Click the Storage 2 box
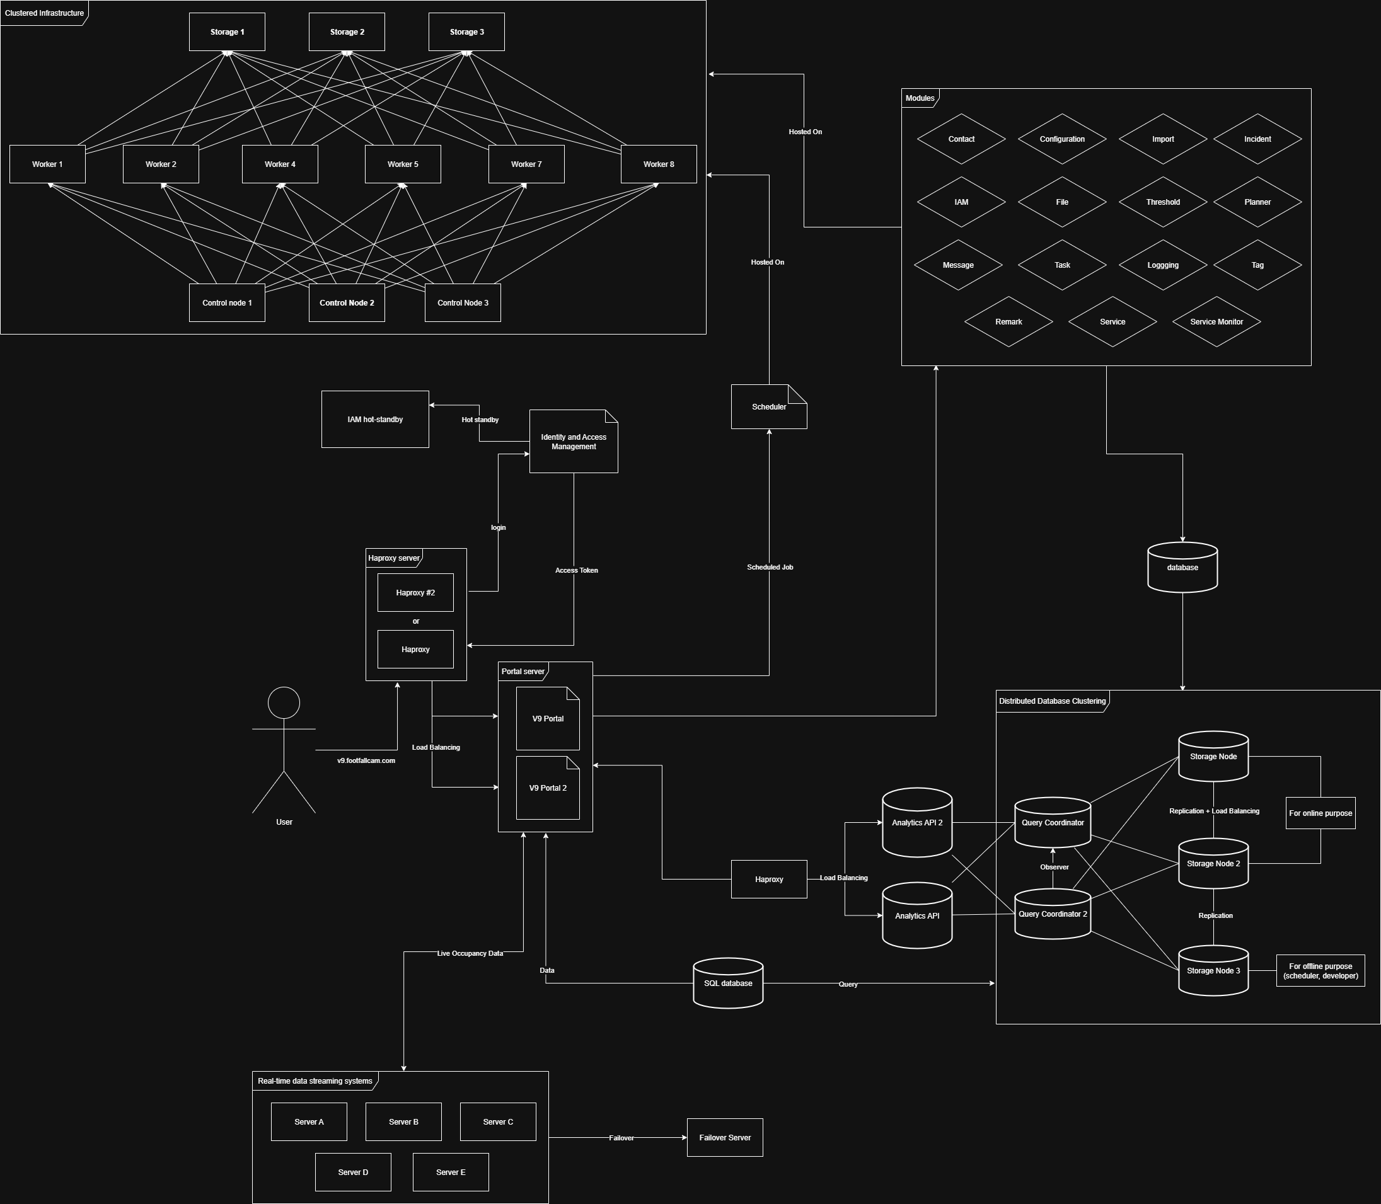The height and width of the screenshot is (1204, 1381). click(x=347, y=32)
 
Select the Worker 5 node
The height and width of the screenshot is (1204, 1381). click(x=403, y=164)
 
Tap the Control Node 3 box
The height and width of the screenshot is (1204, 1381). click(x=463, y=303)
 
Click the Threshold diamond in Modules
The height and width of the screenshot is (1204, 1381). click(x=1162, y=202)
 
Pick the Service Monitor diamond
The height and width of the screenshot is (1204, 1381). click(x=1216, y=322)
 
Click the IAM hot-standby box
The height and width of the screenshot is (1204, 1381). click(x=375, y=419)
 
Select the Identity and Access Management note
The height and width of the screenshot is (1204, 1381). click(x=573, y=442)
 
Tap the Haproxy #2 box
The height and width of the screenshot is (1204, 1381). click(x=415, y=593)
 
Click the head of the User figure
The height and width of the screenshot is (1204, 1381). click(x=284, y=702)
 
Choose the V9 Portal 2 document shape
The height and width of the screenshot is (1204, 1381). click(x=548, y=788)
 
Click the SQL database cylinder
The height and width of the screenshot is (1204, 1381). click(x=728, y=983)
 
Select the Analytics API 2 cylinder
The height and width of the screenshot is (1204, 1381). click(x=916, y=822)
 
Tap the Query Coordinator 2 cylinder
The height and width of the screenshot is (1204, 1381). click(x=1053, y=914)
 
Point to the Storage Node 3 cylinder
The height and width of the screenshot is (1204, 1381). click(x=1213, y=971)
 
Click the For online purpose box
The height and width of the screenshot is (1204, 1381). click(x=1320, y=813)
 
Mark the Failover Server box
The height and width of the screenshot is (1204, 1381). click(x=724, y=1137)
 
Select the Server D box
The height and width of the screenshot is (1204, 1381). click(x=353, y=1172)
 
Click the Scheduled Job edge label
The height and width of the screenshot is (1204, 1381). click(x=770, y=567)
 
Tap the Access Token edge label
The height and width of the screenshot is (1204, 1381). click(x=576, y=570)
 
